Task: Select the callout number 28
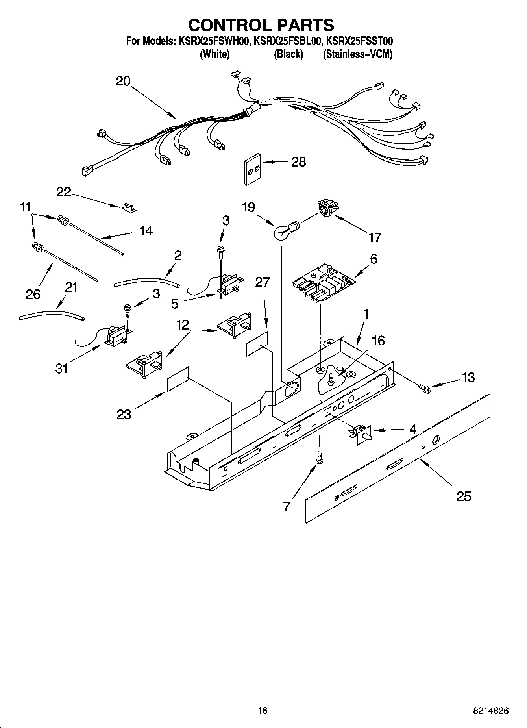[x=298, y=162]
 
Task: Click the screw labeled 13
[x=425, y=389]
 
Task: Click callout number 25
[x=463, y=496]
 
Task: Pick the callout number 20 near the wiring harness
[x=123, y=81]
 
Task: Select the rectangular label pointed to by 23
[x=178, y=379]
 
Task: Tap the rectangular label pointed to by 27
[x=257, y=344]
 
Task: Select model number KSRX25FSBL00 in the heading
[x=288, y=41]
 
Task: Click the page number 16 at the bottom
[x=263, y=711]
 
